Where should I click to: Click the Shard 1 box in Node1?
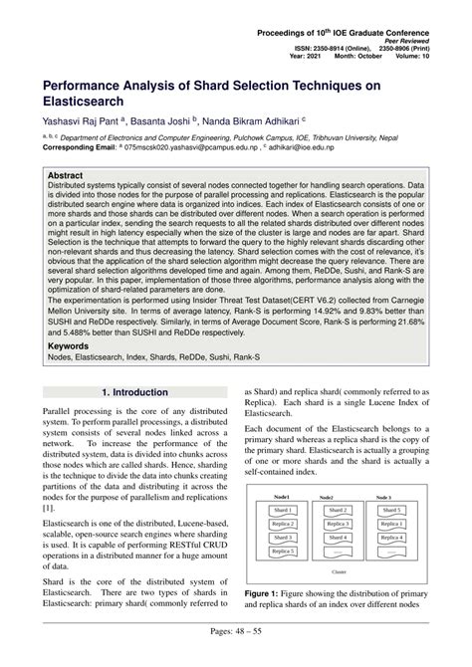point(283,510)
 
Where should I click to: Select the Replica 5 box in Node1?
point(283,550)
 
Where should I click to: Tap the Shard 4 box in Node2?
point(337,537)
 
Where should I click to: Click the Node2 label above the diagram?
point(337,495)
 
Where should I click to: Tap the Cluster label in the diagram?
point(338,573)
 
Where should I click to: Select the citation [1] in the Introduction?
point(47,507)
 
